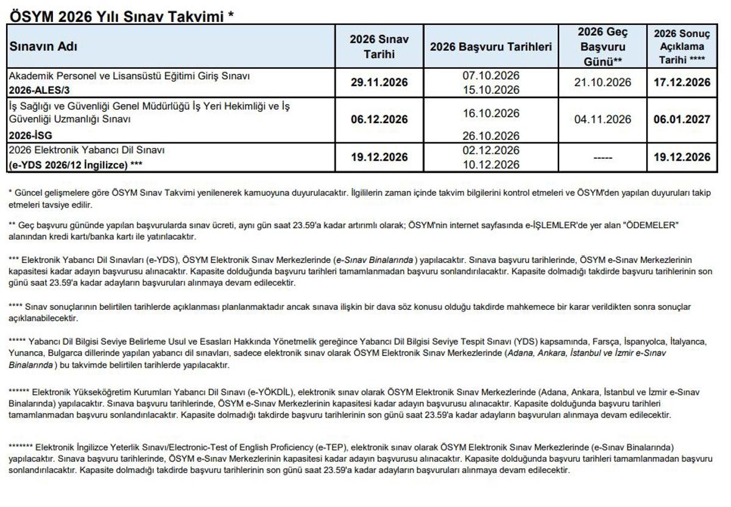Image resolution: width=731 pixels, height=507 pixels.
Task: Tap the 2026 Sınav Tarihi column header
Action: (379, 47)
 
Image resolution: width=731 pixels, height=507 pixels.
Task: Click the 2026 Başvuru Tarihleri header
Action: (490, 47)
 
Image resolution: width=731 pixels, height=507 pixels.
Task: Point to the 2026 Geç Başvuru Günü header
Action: (602, 46)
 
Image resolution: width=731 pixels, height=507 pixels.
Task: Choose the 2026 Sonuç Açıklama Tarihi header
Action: (682, 46)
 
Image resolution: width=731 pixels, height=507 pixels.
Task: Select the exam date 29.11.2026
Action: (379, 83)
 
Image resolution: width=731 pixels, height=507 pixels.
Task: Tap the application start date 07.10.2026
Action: (490, 75)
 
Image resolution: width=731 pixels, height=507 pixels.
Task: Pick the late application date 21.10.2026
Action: (602, 83)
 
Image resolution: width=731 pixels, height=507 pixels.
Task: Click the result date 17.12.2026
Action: (682, 83)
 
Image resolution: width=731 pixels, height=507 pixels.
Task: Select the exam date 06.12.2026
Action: (379, 120)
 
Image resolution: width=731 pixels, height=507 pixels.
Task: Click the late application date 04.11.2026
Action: (602, 120)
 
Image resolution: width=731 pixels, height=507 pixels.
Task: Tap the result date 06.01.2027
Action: (682, 120)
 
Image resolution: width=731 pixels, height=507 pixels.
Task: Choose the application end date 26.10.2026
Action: (490, 135)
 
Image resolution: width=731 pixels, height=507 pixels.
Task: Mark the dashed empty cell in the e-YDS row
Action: (602, 158)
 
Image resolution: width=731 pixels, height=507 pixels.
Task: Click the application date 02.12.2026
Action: (490, 150)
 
